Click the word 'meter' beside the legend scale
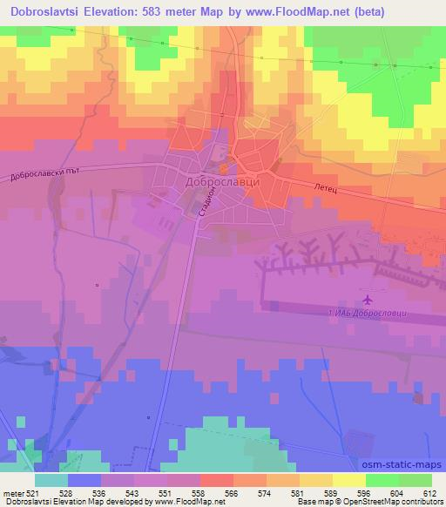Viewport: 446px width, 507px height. pos(11,492)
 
